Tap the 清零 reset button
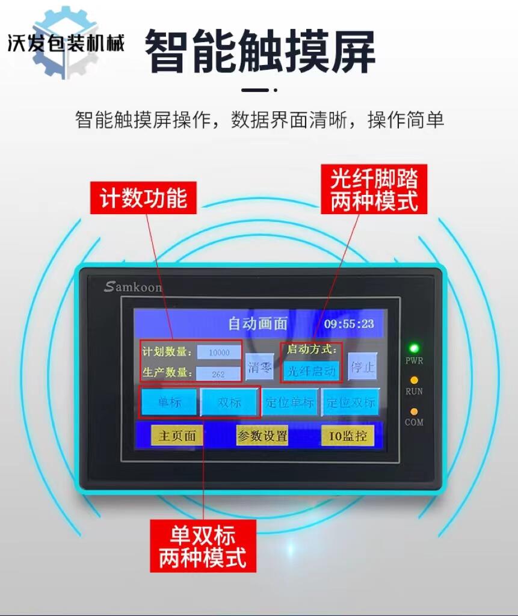(259, 368)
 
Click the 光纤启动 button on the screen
(311, 371)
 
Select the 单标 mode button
(169, 402)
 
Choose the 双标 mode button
(229, 402)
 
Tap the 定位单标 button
(289, 402)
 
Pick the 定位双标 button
(351, 402)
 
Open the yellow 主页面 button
(177, 436)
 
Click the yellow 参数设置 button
(262, 436)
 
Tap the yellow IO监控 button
(347, 436)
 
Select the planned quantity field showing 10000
(219, 352)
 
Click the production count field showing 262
(218, 374)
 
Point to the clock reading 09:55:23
(348, 324)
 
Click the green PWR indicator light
(413, 348)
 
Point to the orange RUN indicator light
(413, 380)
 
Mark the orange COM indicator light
(413, 411)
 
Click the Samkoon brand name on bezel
(133, 287)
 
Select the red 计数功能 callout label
(143, 197)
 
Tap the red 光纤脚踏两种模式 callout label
(374, 189)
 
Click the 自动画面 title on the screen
(258, 323)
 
